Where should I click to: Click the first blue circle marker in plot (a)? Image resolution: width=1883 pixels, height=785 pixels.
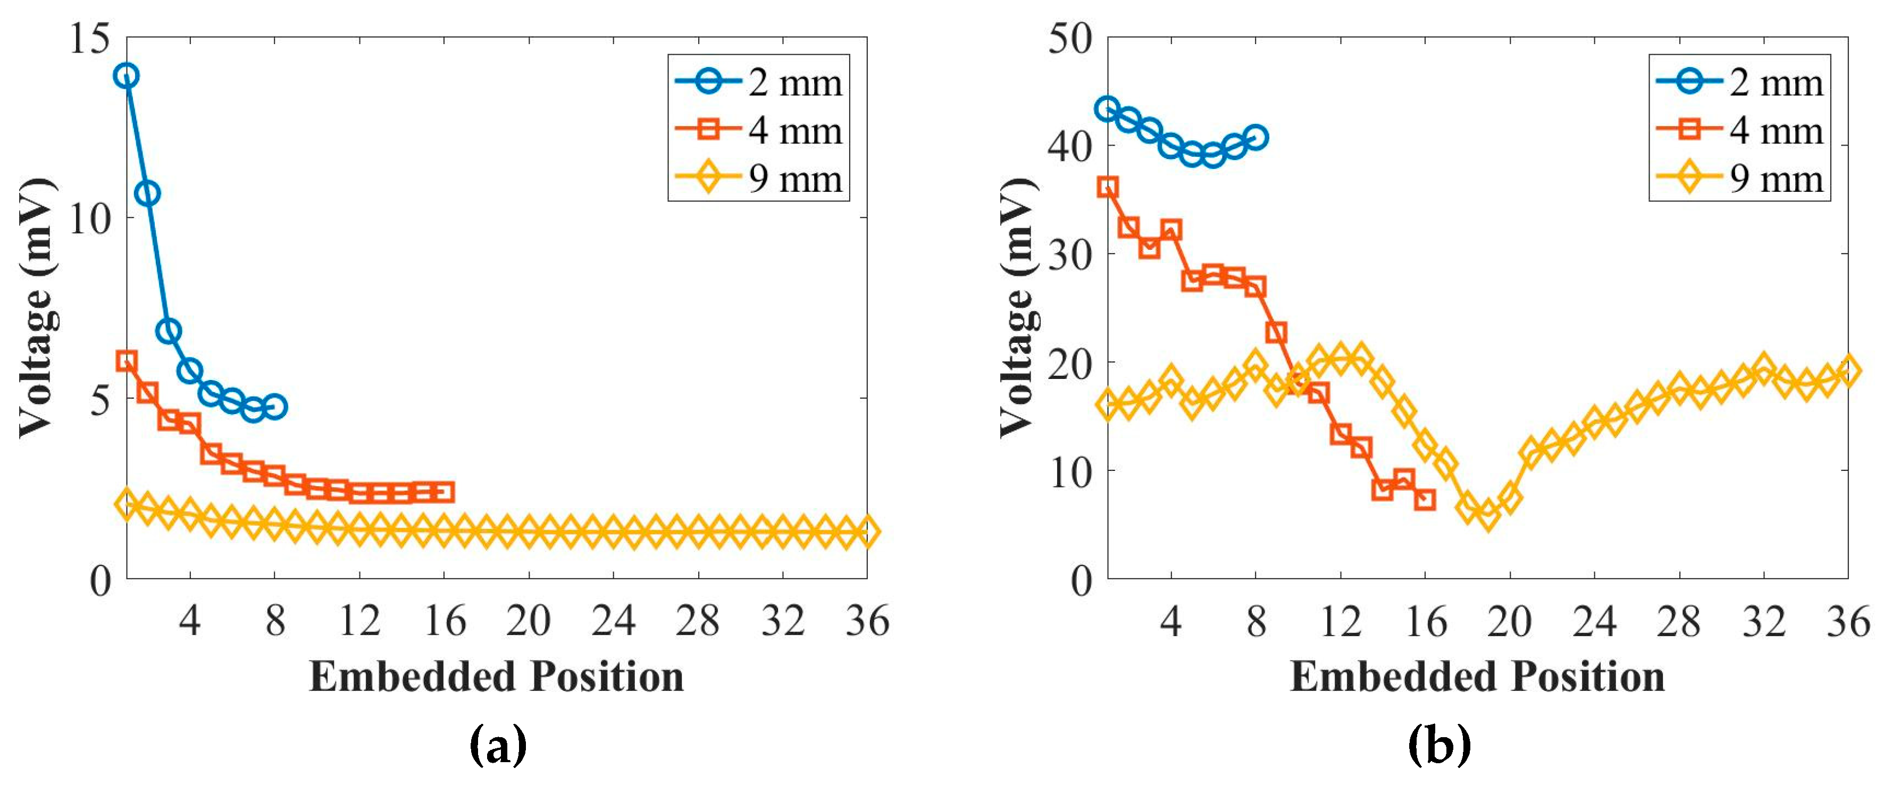tap(127, 75)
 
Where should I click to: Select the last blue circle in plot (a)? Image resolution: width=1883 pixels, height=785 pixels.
tap(275, 407)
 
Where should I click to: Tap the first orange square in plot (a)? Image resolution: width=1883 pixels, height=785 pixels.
tap(127, 360)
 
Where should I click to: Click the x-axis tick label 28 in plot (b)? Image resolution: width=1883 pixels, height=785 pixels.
tap(1679, 621)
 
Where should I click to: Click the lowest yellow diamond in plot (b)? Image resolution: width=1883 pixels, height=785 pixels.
tap(1488, 516)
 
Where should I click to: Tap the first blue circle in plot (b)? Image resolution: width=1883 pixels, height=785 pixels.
tap(1108, 109)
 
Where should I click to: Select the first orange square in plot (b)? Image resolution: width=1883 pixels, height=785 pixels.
tap(1108, 187)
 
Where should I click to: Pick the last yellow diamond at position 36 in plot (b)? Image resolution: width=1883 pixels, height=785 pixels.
tap(1848, 370)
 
